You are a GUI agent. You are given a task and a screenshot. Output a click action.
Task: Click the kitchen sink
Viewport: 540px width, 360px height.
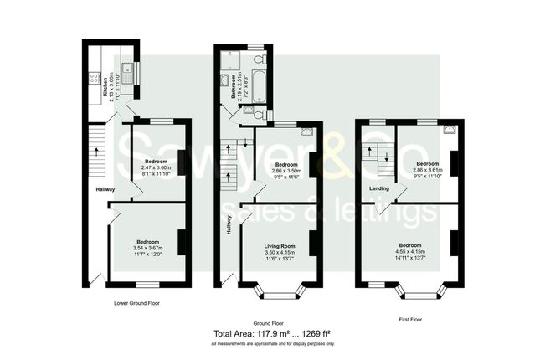click(x=127, y=73)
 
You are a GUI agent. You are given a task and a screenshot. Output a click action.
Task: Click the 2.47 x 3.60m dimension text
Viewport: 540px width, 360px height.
click(x=156, y=167)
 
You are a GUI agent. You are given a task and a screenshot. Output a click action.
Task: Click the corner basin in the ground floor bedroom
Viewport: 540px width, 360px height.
click(x=306, y=131)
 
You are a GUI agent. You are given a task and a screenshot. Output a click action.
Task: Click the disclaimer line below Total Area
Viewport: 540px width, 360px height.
click(x=272, y=344)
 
